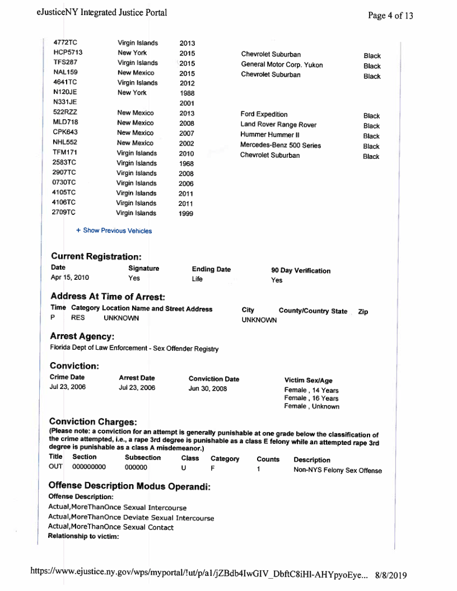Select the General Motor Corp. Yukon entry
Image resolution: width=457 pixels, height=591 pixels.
(x=282, y=65)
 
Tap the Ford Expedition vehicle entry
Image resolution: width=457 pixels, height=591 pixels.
(x=264, y=114)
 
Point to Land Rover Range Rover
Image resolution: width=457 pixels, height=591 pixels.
(x=278, y=124)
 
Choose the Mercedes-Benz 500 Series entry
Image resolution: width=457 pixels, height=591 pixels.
(x=281, y=146)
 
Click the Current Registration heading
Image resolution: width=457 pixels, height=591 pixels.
(x=95, y=256)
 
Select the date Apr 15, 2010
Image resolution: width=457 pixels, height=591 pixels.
(x=69, y=278)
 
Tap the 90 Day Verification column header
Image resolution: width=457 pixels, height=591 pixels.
(x=301, y=271)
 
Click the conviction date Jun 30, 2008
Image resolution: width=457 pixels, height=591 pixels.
(x=207, y=389)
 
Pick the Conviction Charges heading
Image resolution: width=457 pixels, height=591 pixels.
(x=93, y=421)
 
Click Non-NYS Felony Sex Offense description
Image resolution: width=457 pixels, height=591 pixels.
(x=338, y=470)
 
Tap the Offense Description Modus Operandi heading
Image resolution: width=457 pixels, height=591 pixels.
(x=130, y=486)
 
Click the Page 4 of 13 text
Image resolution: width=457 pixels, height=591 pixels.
(x=390, y=16)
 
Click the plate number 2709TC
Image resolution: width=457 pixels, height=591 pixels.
(x=64, y=213)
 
